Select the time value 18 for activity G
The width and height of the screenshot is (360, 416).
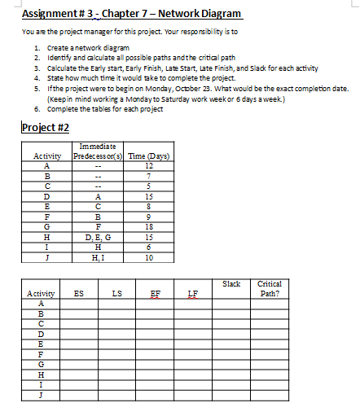click(147, 226)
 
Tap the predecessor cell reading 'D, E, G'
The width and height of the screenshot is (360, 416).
click(98, 237)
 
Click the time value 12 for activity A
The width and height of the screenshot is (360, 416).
click(147, 168)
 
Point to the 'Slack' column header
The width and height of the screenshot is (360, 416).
click(231, 283)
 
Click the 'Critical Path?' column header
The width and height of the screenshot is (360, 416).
click(270, 288)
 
